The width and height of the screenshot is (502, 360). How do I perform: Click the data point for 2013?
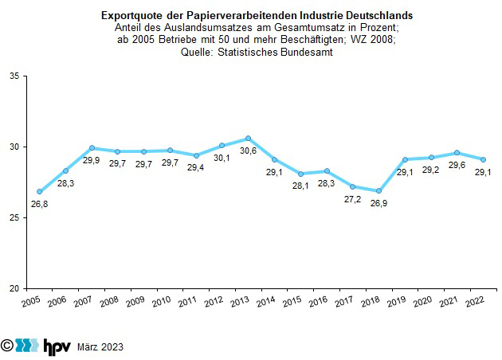[x=248, y=139]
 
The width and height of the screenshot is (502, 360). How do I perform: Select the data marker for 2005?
[x=39, y=192]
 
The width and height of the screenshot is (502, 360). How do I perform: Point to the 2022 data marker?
[x=483, y=159]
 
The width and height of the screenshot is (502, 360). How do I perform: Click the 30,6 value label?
[x=248, y=151]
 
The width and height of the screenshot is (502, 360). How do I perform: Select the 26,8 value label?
[x=39, y=205]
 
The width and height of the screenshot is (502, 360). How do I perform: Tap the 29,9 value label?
[x=92, y=160]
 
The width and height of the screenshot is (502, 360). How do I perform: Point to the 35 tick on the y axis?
[x=16, y=76]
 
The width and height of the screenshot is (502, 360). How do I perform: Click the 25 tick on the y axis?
[x=16, y=217]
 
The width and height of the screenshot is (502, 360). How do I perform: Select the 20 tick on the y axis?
[x=16, y=288]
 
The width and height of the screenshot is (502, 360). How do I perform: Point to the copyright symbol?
[x=8, y=346]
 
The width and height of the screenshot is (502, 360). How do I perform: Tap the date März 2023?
[x=100, y=347]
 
